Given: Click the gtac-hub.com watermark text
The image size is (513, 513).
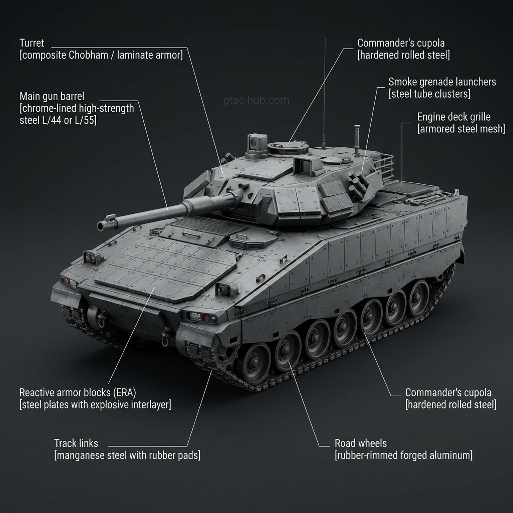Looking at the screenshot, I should click(x=256, y=100).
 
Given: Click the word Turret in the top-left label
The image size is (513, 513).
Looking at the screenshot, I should click(x=32, y=44).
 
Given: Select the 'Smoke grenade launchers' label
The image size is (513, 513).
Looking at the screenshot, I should click(x=442, y=82).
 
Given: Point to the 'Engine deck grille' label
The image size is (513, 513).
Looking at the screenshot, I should click(x=453, y=117).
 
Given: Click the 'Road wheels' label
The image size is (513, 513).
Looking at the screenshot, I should click(x=360, y=443).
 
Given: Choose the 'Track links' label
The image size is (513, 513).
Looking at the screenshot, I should click(x=76, y=443).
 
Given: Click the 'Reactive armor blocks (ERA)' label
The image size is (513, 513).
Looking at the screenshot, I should click(x=78, y=392).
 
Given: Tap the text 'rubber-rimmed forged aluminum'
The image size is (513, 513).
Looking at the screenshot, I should click(x=403, y=455).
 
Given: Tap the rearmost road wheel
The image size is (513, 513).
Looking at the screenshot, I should click(x=418, y=297).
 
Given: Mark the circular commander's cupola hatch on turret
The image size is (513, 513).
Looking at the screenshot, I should click(x=288, y=147).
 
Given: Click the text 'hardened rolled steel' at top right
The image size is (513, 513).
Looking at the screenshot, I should click(x=403, y=55).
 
